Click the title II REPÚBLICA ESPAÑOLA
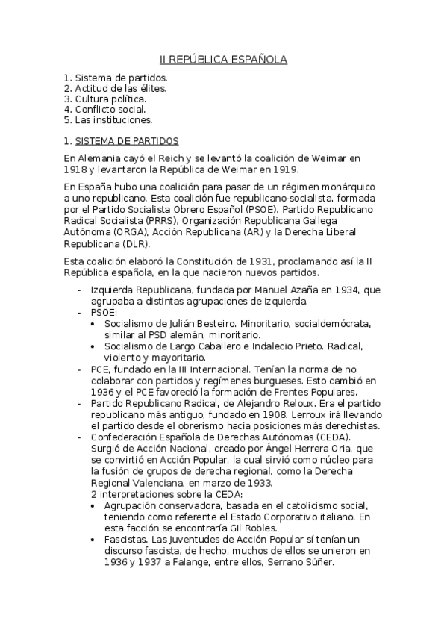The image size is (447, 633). click(x=224, y=59)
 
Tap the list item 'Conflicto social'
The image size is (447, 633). click(x=114, y=108)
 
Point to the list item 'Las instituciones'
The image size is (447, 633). click(x=113, y=119)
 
